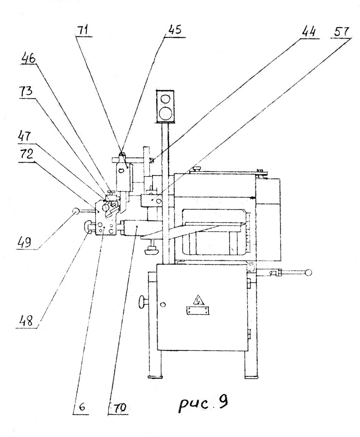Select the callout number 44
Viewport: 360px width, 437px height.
(x=308, y=32)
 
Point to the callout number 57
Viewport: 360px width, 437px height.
(x=341, y=32)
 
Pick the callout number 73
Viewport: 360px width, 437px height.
(x=26, y=91)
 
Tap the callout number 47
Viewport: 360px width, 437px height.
(x=24, y=136)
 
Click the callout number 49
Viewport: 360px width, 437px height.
(x=24, y=243)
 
